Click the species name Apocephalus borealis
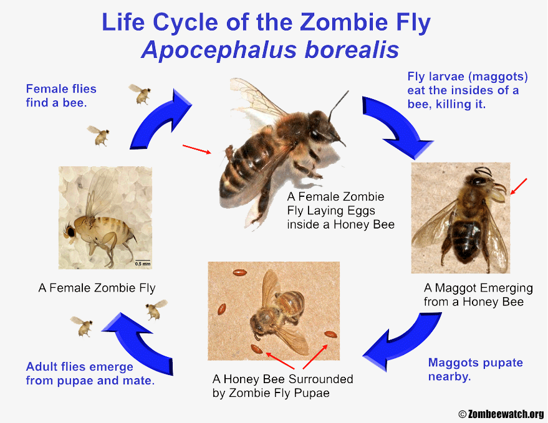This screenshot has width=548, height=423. tap(270, 50)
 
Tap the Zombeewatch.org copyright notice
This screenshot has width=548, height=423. tap(501, 414)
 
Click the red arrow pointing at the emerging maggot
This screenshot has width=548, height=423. tap(519, 186)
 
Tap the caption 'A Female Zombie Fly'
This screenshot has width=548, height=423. tap(97, 288)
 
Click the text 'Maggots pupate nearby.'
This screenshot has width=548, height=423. tap(475, 369)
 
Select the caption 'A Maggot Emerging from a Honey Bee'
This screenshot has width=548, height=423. tap(478, 295)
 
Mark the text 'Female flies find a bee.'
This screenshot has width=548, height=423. tap(61, 96)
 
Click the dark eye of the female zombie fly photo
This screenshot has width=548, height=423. tap(71, 231)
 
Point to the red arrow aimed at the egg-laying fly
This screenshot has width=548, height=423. tap(197, 149)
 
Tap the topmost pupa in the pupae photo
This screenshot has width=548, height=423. tap(240, 272)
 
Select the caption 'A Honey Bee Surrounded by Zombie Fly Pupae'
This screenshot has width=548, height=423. tap(283, 386)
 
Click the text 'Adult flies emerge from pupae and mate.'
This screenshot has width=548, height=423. tap(90, 373)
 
